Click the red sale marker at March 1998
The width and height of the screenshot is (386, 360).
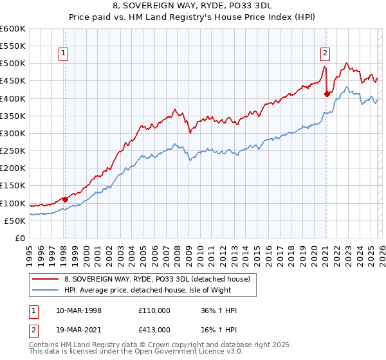pyautogui.click(x=65, y=199)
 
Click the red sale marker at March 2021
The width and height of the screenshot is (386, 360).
pyautogui.click(x=327, y=94)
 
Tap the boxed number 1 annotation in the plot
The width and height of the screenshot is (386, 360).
pyautogui.click(x=65, y=54)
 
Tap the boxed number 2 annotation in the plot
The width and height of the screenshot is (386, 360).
pyautogui.click(x=326, y=54)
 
